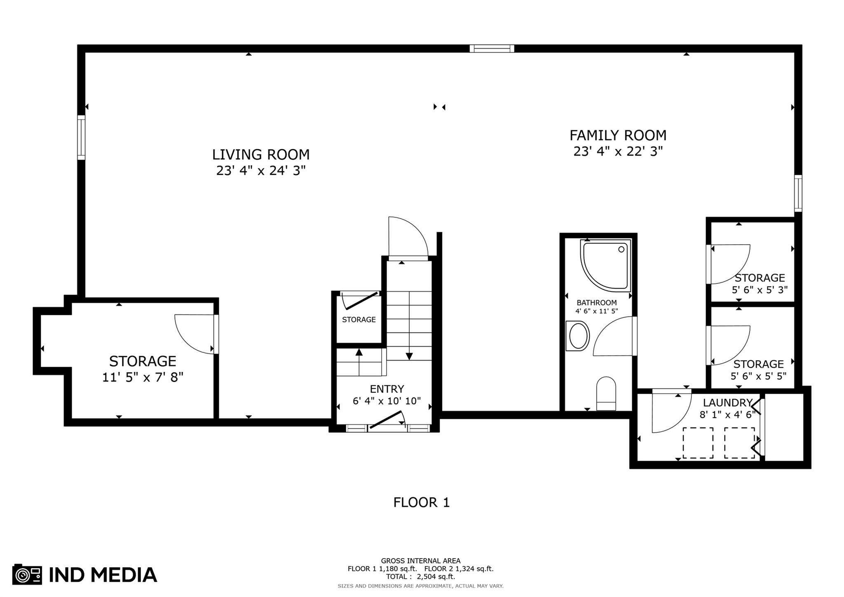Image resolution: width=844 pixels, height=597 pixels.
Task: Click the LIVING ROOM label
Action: pyautogui.click(x=261, y=155)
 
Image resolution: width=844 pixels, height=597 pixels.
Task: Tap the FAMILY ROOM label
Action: pyautogui.click(x=618, y=135)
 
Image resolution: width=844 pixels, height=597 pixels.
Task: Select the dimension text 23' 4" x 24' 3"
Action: pyautogui.click(x=261, y=170)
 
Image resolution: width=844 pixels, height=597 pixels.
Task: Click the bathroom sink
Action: pyautogui.click(x=578, y=336)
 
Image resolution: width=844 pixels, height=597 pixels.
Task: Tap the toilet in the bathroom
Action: pyautogui.click(x=606, y=394)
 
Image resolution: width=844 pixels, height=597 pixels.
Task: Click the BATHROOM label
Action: pyautogui.click(x=596, y=303)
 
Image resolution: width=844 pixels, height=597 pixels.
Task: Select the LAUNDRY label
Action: pyautogui.click(x=728, y=403)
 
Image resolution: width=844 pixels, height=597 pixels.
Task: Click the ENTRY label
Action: pyautogui.click(x=387, y=389)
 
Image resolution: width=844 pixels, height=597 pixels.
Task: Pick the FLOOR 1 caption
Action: pyautogui.click(x=421, y=503)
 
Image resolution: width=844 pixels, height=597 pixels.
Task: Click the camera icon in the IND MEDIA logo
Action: pyautogui.click(x=27, y=574)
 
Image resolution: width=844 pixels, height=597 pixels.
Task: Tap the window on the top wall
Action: pyautogui.click(x=492, y=49)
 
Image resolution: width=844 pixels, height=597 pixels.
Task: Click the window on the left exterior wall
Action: pyautogui.click(x=82, y=137)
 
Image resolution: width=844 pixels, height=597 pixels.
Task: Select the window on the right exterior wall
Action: pyautogui.click(x=798, y=193)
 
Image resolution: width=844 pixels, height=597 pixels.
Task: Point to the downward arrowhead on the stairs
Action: pyautogui.click(x=409, y=356)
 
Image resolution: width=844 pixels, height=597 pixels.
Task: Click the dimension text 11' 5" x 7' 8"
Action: pyautogui.click(x=143, y=377)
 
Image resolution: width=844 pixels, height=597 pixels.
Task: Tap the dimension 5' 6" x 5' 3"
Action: pyautogui.click(x=760, y=290)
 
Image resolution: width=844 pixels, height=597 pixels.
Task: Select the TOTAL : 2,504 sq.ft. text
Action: pyautogui.click(x=420, y=577)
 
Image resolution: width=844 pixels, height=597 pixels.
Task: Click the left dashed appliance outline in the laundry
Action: pyautogui.click(x=698, y=443)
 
